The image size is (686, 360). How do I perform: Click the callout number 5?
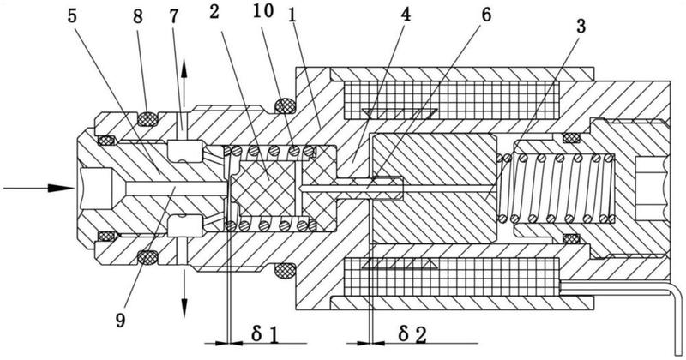(x=72, y=17)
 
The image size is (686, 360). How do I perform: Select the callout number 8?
(x=138, y=17)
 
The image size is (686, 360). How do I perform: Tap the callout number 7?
(x=174, y=17)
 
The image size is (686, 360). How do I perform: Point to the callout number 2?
(x=214, y=12)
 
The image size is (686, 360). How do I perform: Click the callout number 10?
(x=263, y=11)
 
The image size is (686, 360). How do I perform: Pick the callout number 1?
(x=292, y=15)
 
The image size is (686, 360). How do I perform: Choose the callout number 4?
(x=406, y=15)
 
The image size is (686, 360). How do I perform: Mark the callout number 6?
(x=486, y=15)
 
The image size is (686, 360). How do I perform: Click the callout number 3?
(x=581, y=27)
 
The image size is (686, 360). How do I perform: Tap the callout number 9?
(x=120, y=321)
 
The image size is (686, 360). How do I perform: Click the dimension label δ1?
(x=265, y=335)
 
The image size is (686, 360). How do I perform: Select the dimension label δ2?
(x=412, y=335)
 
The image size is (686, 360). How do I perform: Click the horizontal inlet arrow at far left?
(x=39, y=188)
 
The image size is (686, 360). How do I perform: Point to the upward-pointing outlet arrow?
(x=184, y=83)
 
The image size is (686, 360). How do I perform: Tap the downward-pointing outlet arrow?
(x=184, y=293)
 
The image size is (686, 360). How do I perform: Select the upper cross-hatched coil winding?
(x=452, y=100)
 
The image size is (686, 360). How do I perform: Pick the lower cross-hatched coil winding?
(x=452, y=277)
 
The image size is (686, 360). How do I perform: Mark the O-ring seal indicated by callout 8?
(x=147, y=118)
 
